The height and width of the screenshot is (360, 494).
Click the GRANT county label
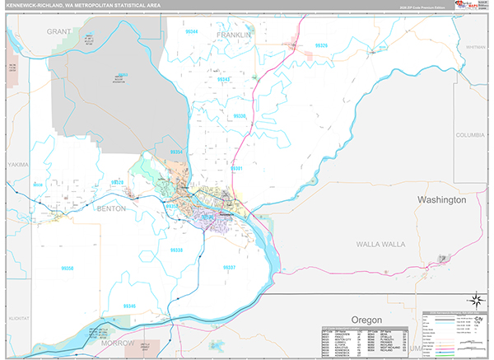pos(60,30)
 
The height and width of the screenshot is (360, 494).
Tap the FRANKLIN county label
pos(233,36)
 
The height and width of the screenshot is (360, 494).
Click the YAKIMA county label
pos(17,165)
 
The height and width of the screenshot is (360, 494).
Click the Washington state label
pos(441,200)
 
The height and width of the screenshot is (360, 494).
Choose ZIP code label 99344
pos(192,30)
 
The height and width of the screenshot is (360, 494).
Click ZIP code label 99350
pos(67,268)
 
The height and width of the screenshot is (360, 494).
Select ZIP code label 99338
pos(175,250)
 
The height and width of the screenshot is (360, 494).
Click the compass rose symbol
pos(475,300)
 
